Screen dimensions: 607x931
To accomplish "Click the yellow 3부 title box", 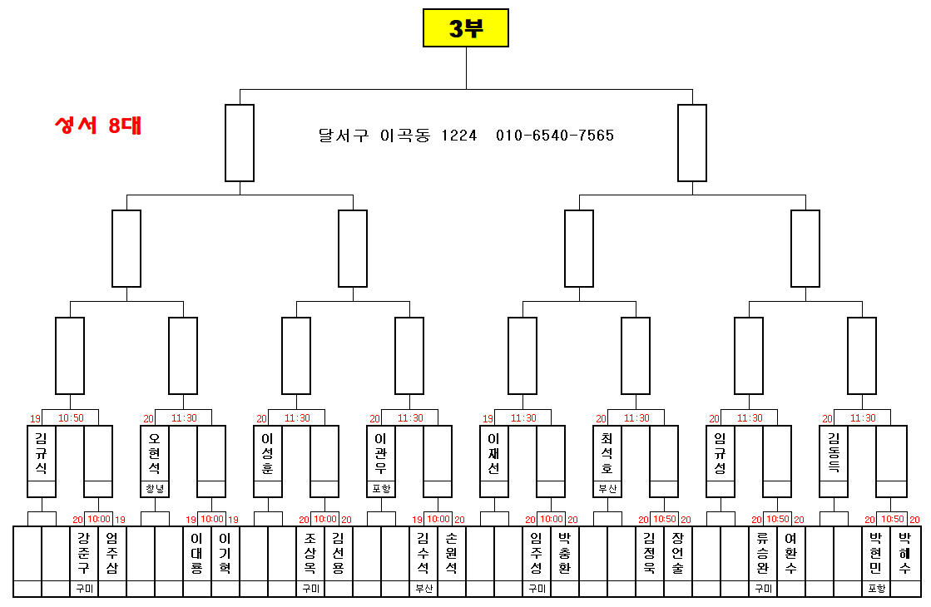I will point(465,28).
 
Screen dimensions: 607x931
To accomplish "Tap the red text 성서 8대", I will point(97,126).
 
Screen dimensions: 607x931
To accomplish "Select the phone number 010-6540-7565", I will point(555,136).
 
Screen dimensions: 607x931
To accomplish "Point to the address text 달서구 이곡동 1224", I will point(398,136).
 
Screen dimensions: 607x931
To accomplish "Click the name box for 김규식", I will point(42,453).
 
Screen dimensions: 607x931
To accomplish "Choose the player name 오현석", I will point(155,453).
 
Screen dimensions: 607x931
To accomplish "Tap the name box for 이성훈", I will point(268,453).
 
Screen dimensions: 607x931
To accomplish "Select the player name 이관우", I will point(381,453).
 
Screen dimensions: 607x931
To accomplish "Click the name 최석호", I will point(607,453).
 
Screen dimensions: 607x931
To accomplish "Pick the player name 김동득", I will point(834,453).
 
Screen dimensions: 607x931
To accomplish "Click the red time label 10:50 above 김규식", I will point(70,418).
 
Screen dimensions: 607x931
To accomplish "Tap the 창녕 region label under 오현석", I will point(155,489).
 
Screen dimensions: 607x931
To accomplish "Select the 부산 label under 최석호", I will point(607,489).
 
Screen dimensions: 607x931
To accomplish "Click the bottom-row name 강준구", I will point(83,553).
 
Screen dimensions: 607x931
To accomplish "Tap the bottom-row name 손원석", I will point(451,553).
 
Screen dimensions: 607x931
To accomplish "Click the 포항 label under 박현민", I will point(876,589).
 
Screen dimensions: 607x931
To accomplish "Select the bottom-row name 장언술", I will point(677,553).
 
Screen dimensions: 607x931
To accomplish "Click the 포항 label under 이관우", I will point(381,489).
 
